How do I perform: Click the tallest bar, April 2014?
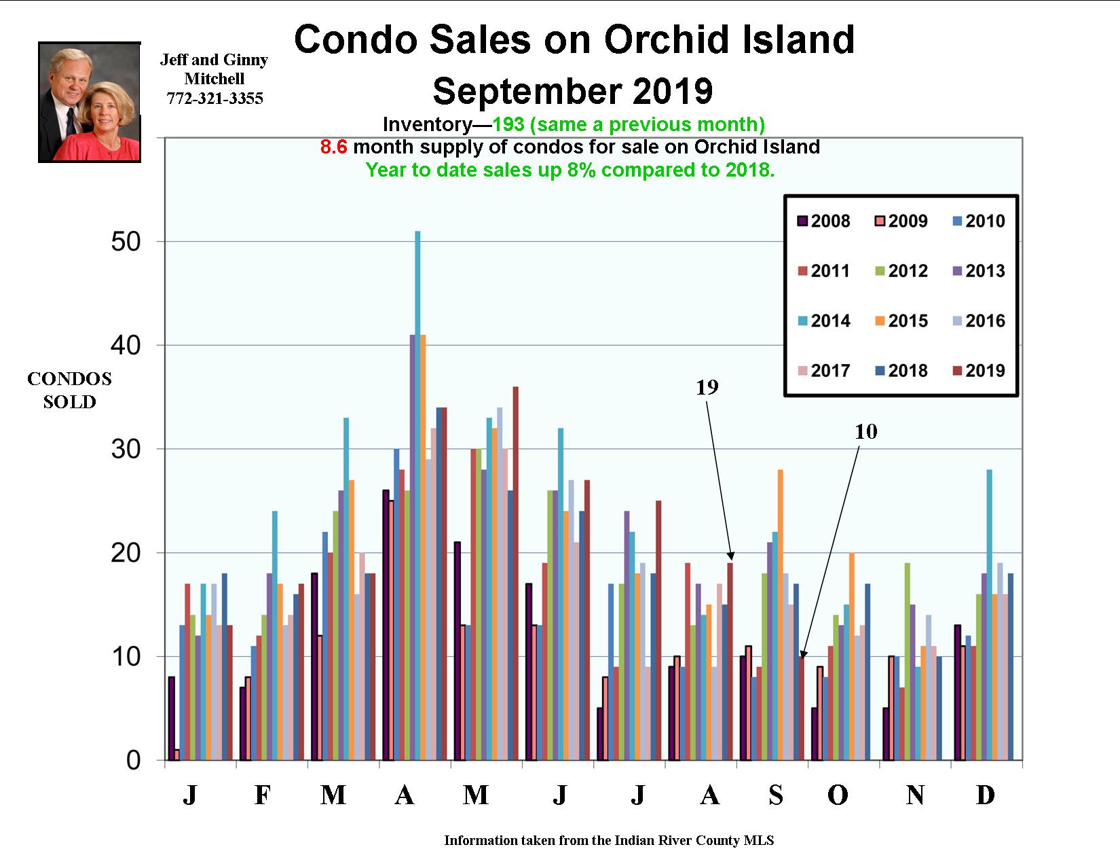(417, 496)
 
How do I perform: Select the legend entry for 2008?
(823, 221)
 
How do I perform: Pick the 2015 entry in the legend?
(901, 321)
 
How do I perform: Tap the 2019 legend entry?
(978, 370)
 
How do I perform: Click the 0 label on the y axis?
(133, 760)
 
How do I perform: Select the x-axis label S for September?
(775, 794)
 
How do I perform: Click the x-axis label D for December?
(985, 794)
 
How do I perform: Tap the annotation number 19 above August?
(707, 387)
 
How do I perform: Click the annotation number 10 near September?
(865, 431)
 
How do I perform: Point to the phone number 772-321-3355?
(214, 98)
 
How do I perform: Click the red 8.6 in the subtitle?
(333, 147)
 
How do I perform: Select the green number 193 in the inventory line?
(508, 124)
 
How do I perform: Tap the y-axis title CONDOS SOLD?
(69, 391)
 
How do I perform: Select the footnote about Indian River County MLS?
(609, 840)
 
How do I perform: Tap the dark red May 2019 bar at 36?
(515, 573)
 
